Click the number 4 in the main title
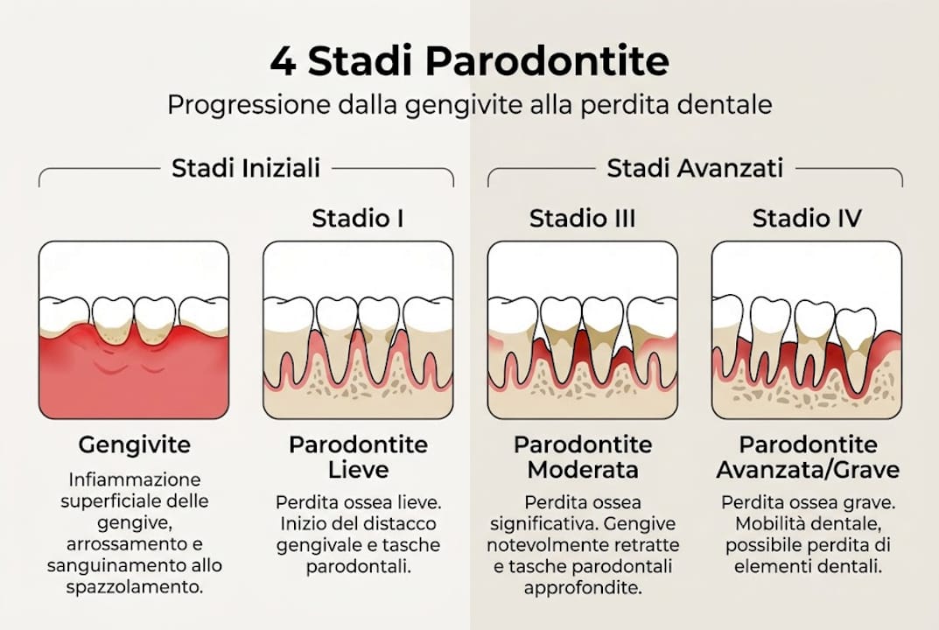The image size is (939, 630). (x=283, y=62)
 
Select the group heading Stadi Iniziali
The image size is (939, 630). (x=246, y=168)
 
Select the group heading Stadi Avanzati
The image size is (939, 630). (x=695, y=168)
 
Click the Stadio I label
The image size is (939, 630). (x=358, y=219)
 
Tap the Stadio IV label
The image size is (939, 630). (x=807, y=219)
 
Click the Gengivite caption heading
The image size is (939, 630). (x=134, y=444)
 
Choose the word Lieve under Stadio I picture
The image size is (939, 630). (x=358, y=470)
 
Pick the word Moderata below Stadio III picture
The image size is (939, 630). (x=582, y=470)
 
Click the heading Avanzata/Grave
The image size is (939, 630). (x=807, y=470)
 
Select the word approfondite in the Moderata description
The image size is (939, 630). (x=582, y=588)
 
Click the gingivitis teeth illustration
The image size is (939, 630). (x=134, y=330)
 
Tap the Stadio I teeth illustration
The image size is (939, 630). (x=358, y=330)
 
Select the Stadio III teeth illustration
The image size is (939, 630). (x=582, y=330)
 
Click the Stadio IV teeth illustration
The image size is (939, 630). (x=807, y=330)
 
